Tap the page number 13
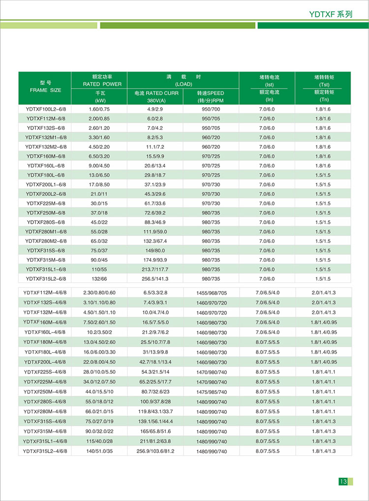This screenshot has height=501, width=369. pos(343,481)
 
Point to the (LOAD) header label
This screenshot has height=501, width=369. pos(183,84)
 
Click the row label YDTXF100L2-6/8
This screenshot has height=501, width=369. pos(45,109)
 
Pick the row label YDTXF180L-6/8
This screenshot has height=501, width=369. pos(45,175)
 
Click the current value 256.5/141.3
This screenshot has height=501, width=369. pos(155,278)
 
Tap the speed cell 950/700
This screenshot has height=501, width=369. pos(211,109)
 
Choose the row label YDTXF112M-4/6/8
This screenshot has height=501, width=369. pos(45,293)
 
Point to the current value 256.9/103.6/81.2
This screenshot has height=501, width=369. pos(155,451)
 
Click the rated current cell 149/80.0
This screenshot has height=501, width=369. pos(155,250)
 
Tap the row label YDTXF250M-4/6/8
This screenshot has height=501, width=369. pos(45,392)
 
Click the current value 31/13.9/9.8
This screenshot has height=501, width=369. pos(155,352)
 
